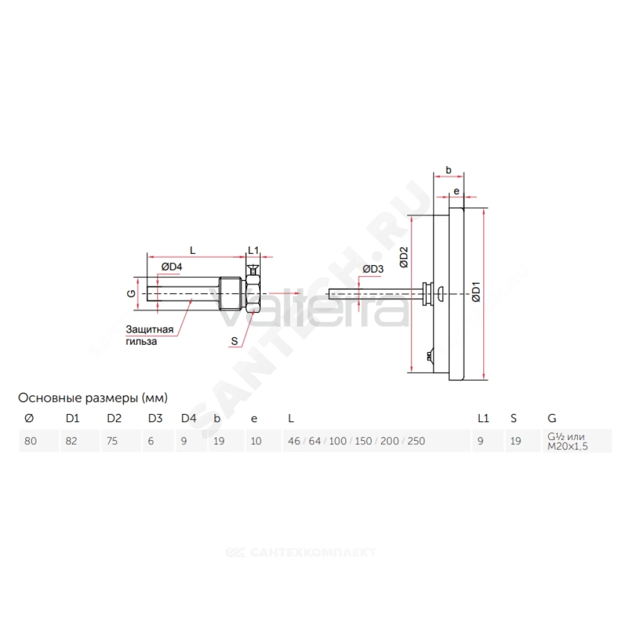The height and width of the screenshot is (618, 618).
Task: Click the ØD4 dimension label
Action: point(171,267)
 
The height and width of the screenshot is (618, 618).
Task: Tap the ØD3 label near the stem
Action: point(373,269)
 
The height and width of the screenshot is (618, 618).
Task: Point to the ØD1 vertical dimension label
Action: point(476,292)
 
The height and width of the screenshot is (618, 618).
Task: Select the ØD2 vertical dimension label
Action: point(404,258)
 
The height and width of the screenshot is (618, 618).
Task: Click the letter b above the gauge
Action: point(449,170)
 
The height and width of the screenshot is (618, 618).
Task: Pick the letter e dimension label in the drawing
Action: point(457,192)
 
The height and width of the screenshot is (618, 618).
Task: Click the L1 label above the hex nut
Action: point(253,250)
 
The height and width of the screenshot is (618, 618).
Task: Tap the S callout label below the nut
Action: point(234,341)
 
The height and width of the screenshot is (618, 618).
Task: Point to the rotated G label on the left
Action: point(132,293)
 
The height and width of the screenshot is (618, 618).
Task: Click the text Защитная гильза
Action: point(150,335)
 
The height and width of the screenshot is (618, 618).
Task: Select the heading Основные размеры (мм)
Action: point(93,397)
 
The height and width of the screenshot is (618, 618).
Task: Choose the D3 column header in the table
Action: point(155,418)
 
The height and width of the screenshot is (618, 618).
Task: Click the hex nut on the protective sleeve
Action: point(253,294)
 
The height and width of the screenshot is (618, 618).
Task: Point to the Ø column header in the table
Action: point(29,418)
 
